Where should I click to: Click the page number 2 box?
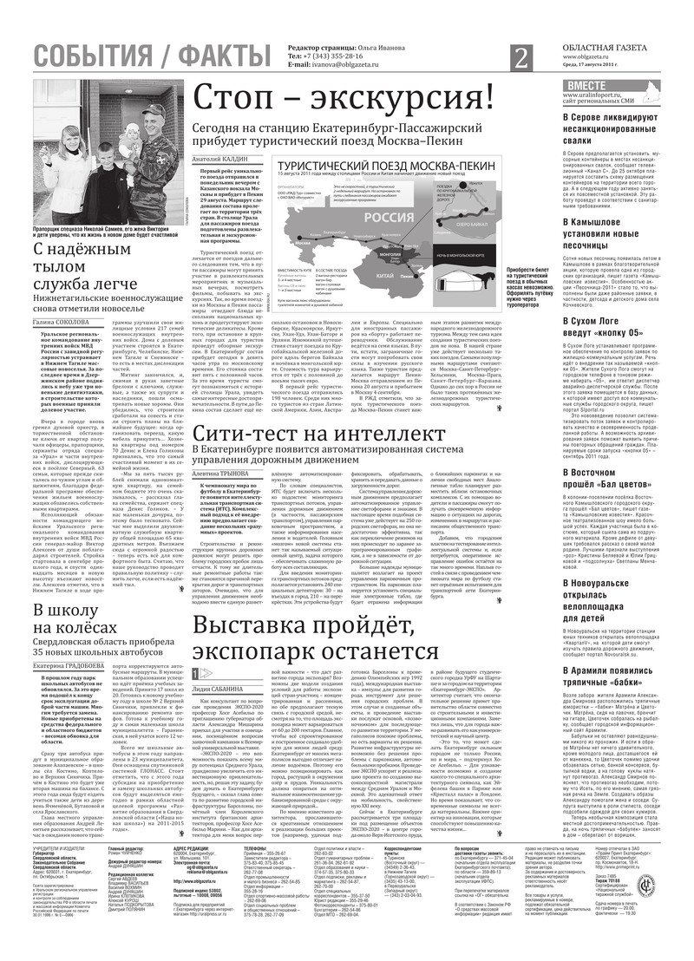click(520, 59)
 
